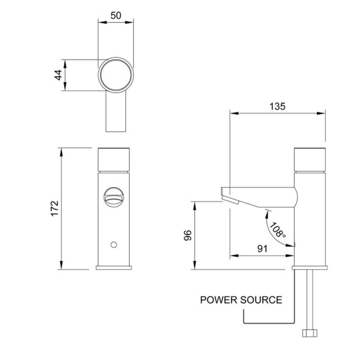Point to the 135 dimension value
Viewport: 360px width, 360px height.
click(277, 106)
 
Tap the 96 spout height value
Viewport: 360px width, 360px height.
click(187, 236)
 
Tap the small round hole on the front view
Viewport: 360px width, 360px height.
click(113, 245)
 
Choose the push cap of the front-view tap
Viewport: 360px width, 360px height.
click(115, 159)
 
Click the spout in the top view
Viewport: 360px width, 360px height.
click(116, 115)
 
